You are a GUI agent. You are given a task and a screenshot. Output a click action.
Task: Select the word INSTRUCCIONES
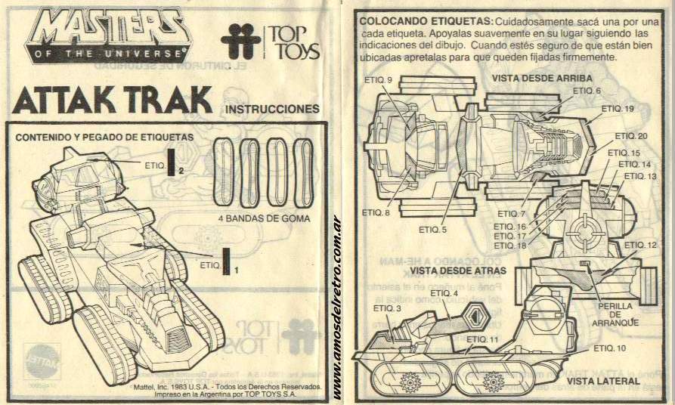click(273, 110)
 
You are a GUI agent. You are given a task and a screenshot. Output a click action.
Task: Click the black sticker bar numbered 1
click(225, 261)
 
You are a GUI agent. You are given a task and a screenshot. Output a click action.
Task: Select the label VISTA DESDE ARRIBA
click(540, 78)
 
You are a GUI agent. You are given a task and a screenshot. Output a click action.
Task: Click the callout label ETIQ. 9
click(379, 80)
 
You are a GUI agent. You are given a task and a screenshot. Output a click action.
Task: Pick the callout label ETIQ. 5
click(434, 230)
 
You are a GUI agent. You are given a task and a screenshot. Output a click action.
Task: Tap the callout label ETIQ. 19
click(618, 109)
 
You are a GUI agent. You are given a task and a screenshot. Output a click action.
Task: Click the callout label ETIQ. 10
click(610, 348)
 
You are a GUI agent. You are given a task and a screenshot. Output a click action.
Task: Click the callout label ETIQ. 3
click(388, 309)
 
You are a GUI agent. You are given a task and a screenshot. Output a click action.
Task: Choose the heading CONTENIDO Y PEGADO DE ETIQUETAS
click(105, 138)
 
